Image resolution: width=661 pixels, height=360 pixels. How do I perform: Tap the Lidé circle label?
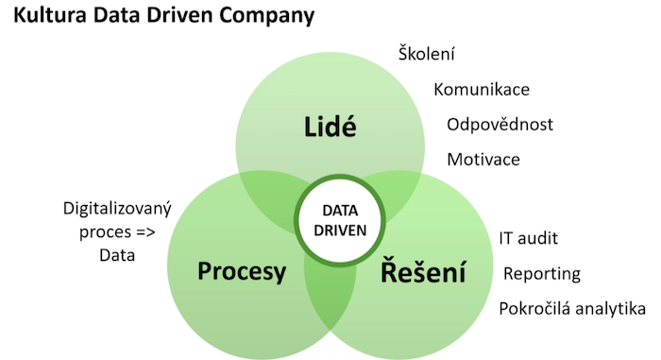[x=330, y=127]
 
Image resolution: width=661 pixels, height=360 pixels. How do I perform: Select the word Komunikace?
[x=482, y=90]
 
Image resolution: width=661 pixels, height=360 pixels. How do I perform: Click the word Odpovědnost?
[x=500, y=125]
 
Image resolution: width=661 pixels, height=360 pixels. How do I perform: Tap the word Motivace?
[x=483, y=159]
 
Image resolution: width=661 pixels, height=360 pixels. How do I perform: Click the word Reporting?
[x=541, y=274]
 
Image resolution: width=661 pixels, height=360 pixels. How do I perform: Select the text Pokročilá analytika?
[x=572, y=309]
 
